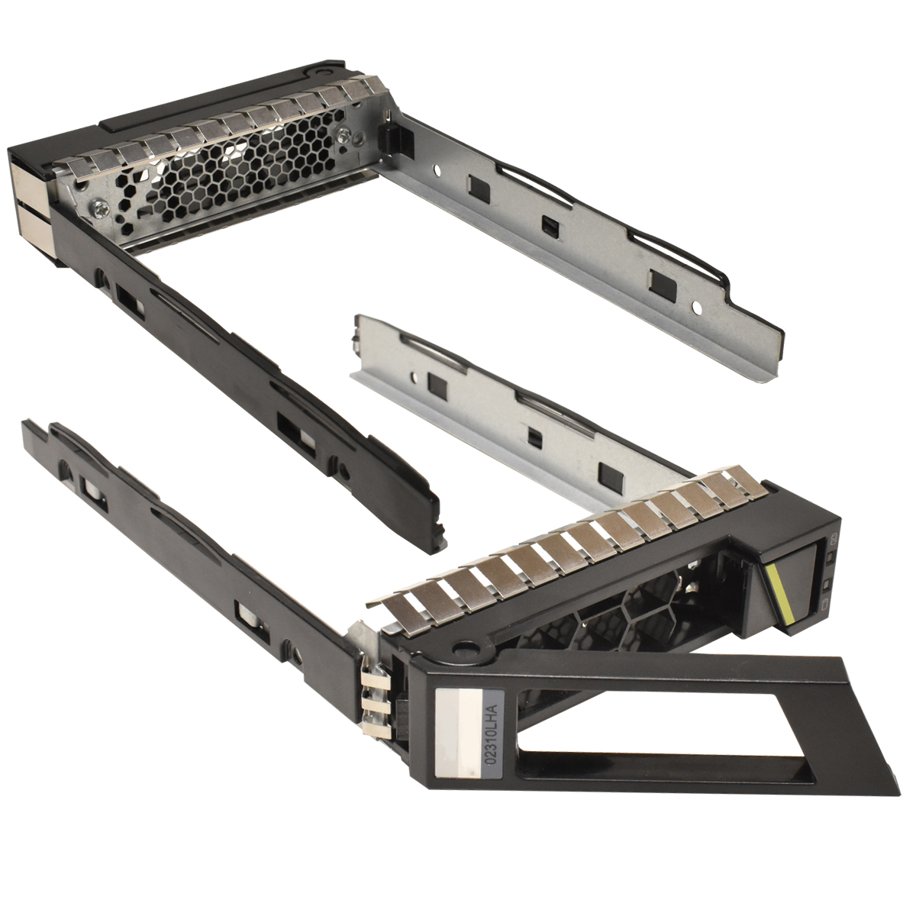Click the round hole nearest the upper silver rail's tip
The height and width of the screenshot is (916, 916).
[x=696, y=308]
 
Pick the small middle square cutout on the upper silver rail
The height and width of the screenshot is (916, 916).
[x=547, y=225]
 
